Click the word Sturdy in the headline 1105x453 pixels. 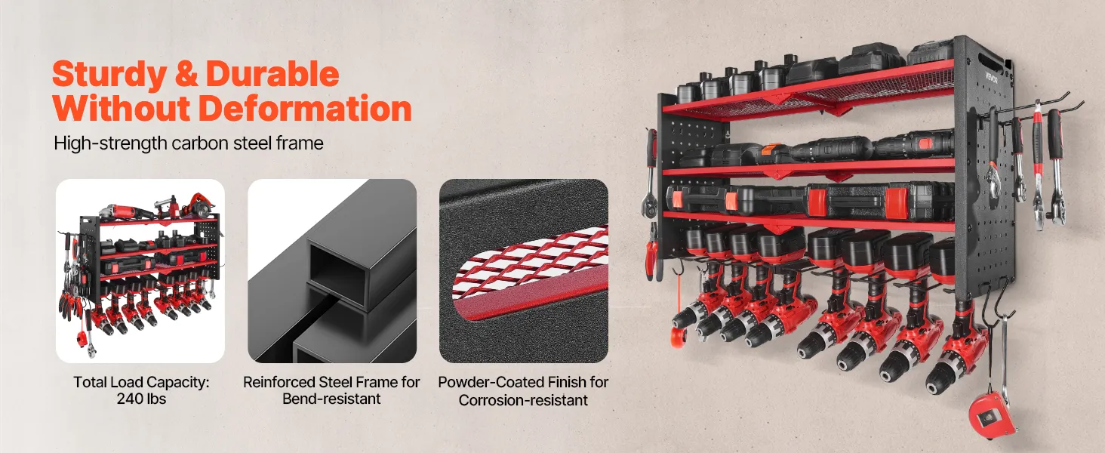[109, 75]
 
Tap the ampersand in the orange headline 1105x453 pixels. [186, 73]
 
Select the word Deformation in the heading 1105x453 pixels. [305, 109]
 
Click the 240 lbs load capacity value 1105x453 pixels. [141, 399]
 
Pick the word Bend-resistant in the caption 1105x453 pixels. [331, 399]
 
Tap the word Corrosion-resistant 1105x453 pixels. [523, 399]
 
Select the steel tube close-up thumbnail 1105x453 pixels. [332, 271]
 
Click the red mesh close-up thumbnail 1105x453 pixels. [524, 271]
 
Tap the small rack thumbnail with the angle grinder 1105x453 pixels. [140, 271]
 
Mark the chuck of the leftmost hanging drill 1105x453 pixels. [682, 319]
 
